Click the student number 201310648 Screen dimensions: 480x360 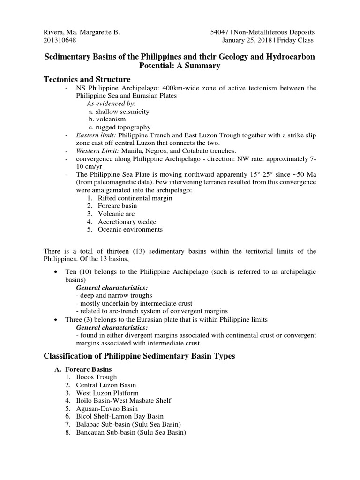point(59,40)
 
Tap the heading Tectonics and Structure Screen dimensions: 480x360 point(87,79)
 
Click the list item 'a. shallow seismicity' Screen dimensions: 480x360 point(119,111)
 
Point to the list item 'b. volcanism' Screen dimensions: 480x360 point(108,119)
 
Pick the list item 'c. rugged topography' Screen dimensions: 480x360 point(120,127)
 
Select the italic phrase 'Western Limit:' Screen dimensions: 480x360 point(98,151)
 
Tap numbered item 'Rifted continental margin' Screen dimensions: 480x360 point(135,198)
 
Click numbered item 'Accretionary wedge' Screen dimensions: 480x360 point(127,222)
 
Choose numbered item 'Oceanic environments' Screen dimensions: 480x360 point(130,230)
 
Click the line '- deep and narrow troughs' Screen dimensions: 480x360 point(114,296)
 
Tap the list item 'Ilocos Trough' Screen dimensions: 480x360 point(97,377)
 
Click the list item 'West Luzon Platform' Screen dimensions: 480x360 point(107,393)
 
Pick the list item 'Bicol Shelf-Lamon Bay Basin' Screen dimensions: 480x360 point(120,417)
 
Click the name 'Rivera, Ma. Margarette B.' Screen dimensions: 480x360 point(81,32)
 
